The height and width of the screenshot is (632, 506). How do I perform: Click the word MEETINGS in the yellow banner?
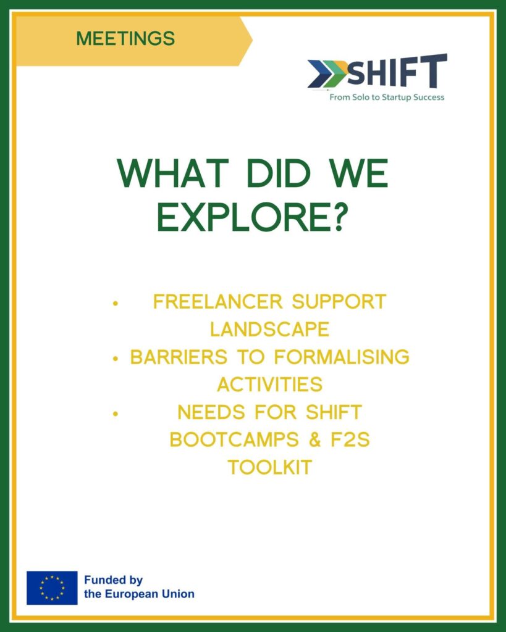pos(125,39)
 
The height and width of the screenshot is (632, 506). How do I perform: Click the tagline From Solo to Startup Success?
pos(387,97)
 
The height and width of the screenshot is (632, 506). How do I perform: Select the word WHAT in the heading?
pos(173,173)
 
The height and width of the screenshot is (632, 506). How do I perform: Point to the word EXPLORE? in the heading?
pos(252,217)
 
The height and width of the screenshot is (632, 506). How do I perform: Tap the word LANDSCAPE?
pos(269,330)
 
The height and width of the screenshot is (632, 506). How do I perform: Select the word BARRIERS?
pos(179,357)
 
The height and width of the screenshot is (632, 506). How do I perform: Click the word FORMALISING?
pos(342,357)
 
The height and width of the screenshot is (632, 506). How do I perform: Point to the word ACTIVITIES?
pos(269,385)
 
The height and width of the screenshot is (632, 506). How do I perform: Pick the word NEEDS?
pos(211,412)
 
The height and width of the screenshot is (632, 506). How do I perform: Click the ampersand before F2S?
pos(315,439)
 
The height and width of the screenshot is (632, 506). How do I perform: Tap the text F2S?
pos(350,439)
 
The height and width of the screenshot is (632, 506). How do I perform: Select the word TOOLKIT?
pos(269,468)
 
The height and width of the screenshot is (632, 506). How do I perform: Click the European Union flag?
pos(52,588)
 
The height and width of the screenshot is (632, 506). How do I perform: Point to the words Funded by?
pos(114,580)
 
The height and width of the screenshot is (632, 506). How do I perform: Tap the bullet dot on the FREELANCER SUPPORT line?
pos(116,302)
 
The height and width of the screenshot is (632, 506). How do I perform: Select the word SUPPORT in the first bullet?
pos(339,301)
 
